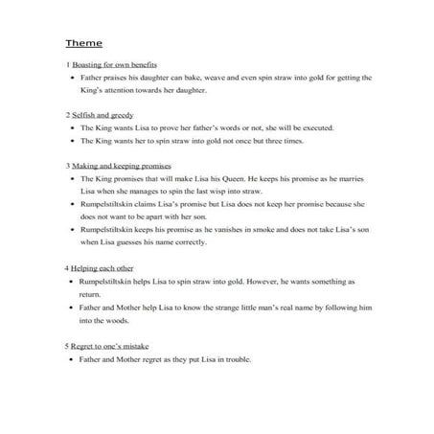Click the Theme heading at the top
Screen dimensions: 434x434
pos(83,44)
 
